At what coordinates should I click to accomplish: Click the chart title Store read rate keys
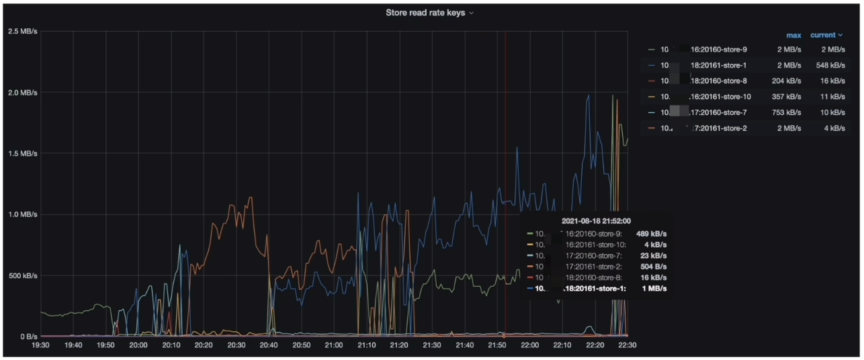[x=426, y=13]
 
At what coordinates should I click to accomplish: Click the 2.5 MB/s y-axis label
[x=22, y=32]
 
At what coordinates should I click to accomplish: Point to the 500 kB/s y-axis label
[x=22, y=276]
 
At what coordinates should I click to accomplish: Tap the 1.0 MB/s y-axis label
[x=22, y=215]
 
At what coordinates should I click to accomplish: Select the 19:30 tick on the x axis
[x=40, y=345]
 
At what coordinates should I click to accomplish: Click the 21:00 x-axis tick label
[x=334, y=345]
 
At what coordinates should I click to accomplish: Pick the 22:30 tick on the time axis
[x=627, y=345]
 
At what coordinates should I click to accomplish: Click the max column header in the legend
[x=793, y=35]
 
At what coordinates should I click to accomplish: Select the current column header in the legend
[x=823, y=35]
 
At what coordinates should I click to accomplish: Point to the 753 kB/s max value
[x=787, y=112]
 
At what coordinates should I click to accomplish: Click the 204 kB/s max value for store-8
[x=787, y=81]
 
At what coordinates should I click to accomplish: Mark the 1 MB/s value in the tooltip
[x=654, y=289]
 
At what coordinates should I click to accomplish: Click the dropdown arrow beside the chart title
[x=472, y=13]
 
